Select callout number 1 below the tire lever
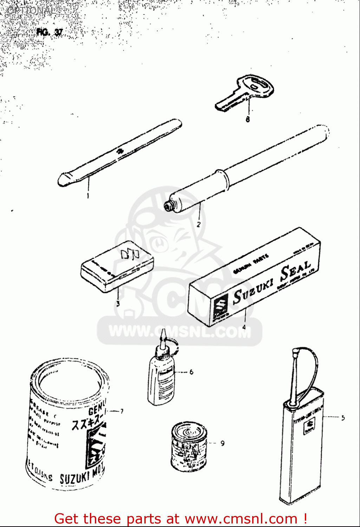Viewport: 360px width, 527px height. (88, 195)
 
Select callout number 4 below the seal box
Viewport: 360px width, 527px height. (244, 327)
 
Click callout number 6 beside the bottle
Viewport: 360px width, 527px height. (191, 372)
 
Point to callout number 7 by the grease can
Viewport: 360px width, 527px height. (122, 411)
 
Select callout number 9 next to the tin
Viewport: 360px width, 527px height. (222, 443)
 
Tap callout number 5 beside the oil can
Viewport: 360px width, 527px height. (343, 418)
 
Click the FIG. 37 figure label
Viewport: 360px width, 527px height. (49, 32)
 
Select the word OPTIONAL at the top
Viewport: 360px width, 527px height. (31, 11)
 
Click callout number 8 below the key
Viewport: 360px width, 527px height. (248, 119)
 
